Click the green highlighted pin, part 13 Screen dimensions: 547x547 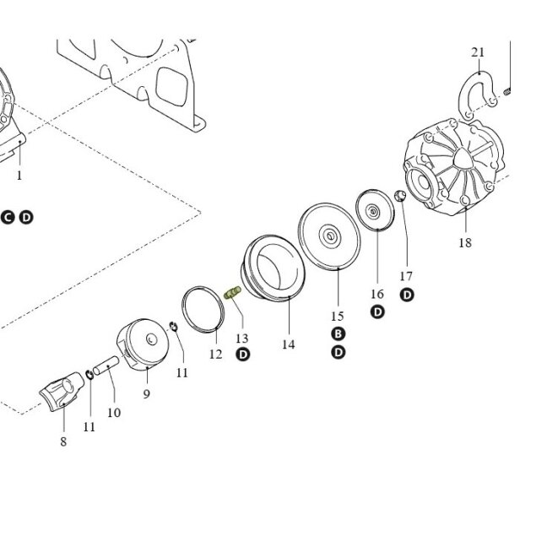pyautogui.click(x=232, y=292)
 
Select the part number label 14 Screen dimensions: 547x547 pyautogui.click(x=289, y=344)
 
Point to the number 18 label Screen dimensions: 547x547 pyautogui.click(x=465, y=242)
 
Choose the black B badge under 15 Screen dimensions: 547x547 pyautogui.click(x=338, y=333)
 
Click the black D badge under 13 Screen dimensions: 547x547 pyautogui.click(x=243, y=355)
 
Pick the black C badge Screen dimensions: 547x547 pyautogui.click(x=8, y=217)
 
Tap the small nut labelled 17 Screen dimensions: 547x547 pyautogui.click(x=400, y=196)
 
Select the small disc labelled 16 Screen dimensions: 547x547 pyautogui.click(x=375, y=209)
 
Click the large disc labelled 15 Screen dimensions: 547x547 pyautogui.click(x=329, y=236)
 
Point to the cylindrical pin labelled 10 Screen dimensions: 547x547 pyautogui.click(x=106, y=366)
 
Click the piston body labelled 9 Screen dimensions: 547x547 pyautogui.click(x=143, y=344)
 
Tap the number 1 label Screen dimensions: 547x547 pyautogui.click(x=19, y=176)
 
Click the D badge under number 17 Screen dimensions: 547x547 pyautogui.click(x=407, y=295)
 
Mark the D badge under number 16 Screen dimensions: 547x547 pyautogui.click(x=377, y=311)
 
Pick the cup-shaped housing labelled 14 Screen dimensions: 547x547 pyautogui.click(x=273, y=268)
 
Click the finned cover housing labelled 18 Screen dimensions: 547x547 pyautogui.click(x=453, y=167)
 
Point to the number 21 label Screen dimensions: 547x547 pyautogui.click(x=478, y=52)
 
